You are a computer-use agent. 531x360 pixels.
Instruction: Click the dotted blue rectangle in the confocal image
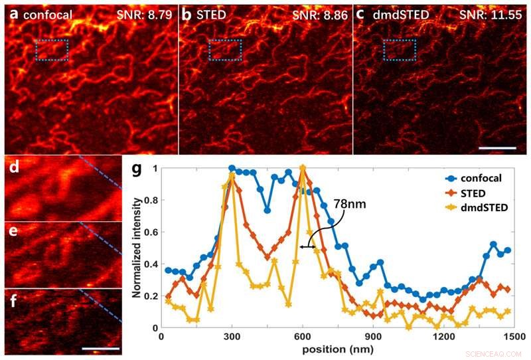(x=52, y=50)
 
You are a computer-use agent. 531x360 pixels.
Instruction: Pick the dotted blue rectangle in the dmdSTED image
(x=400, y=50)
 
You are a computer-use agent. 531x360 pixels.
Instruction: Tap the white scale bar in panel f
(x=102, y=347)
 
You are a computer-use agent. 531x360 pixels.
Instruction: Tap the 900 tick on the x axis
(x=374, y=337)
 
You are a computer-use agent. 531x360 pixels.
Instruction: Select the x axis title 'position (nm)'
(x=338, y=349)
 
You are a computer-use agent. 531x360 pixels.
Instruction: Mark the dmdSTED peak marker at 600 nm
(x=303, y=168)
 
